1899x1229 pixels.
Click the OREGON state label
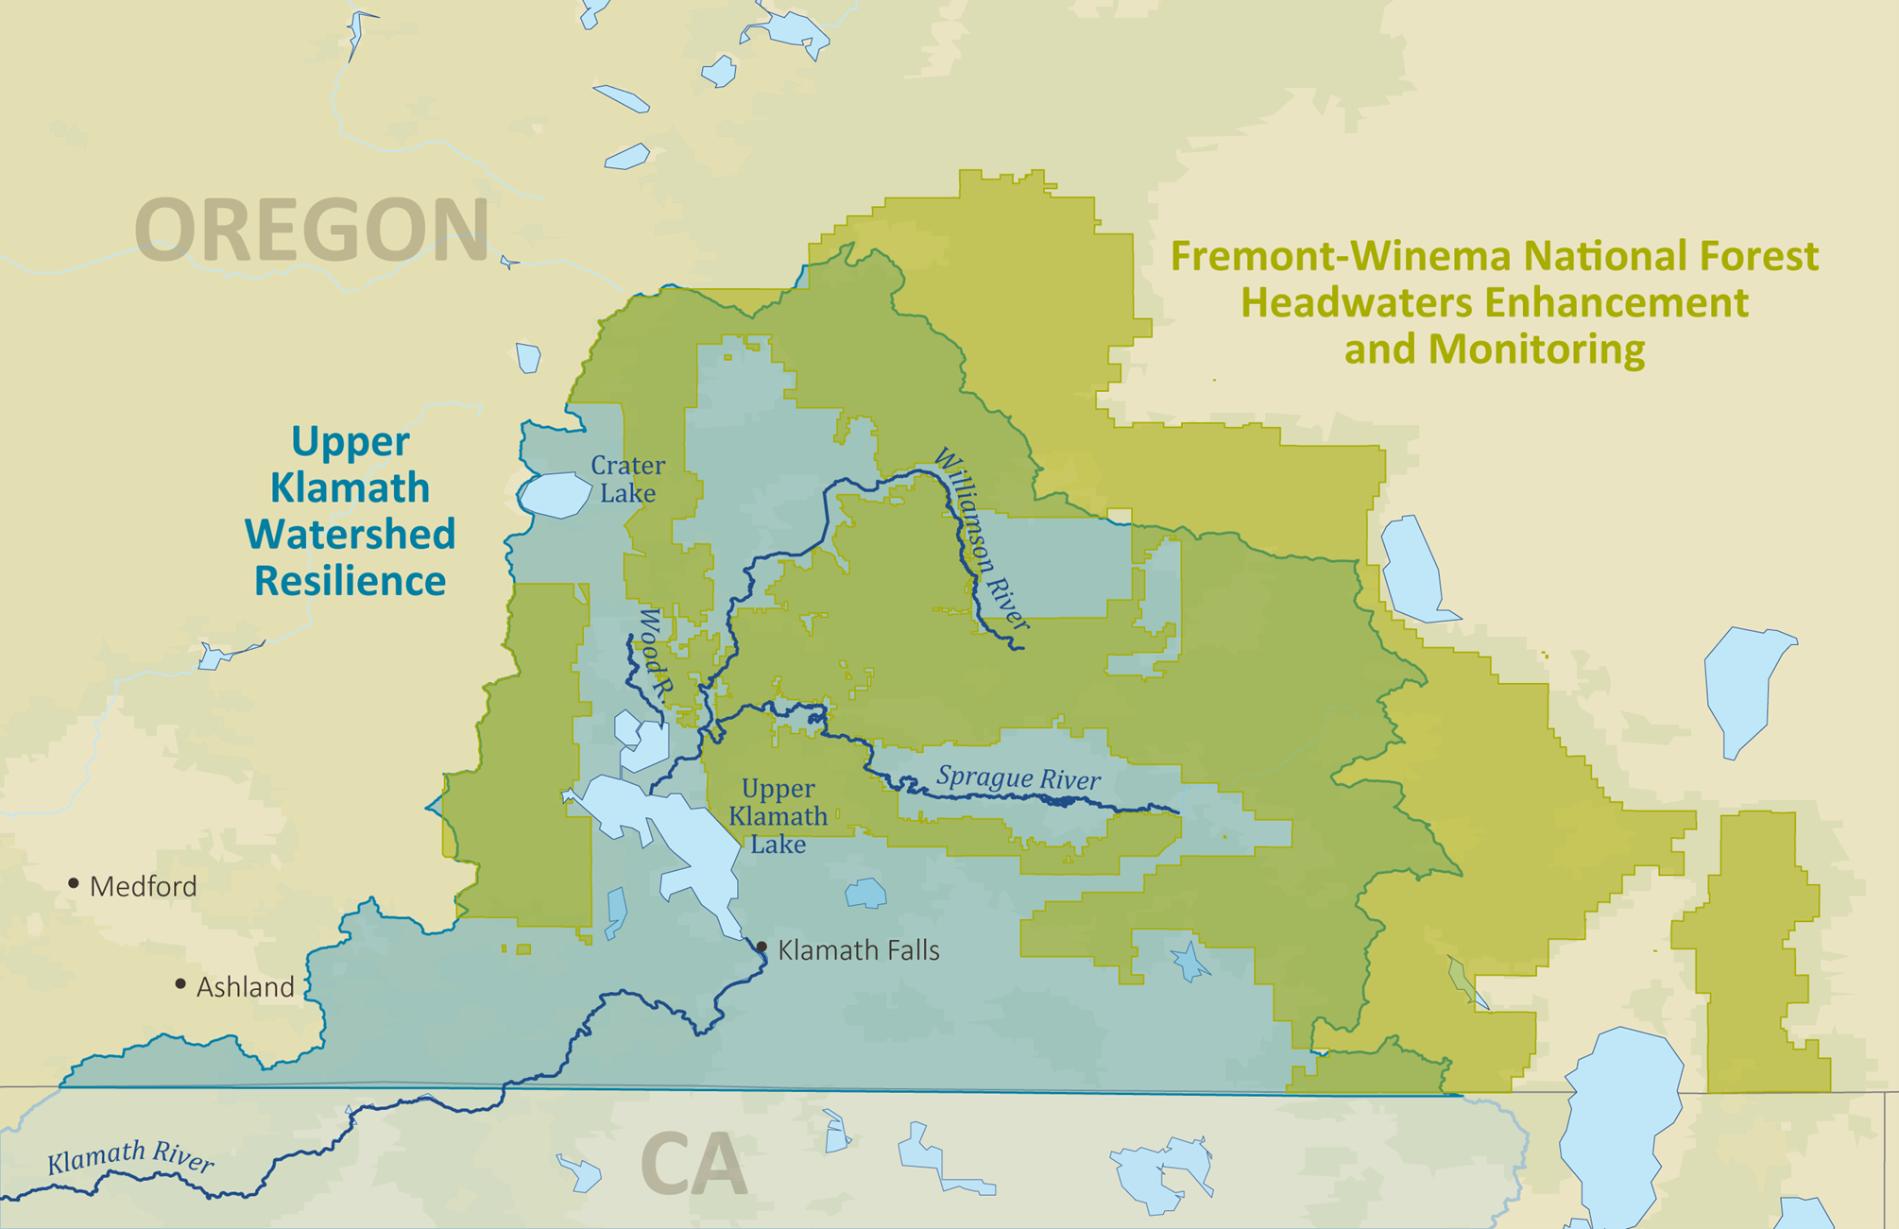tap(312, 230)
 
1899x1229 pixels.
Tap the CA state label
tap(694, 1165)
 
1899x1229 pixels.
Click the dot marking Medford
tap(74, 883)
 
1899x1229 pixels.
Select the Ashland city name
tap(246, 987)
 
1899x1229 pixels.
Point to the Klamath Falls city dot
tap(762, 946)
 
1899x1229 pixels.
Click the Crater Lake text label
tap(627, 479)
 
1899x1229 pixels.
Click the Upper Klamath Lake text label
tap(778, 816)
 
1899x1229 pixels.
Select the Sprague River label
tap(1018, 778)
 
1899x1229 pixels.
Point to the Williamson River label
tap(981, 538)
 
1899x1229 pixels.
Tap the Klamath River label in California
tap(130, 1156)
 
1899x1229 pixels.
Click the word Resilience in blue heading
tap(350, 581)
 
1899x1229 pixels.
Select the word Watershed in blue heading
tap(350, 534)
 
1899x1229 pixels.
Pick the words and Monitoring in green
tap(1494, 350)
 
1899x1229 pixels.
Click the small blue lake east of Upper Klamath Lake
tap(865, 893)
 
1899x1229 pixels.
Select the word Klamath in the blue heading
tap(350, 487)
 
